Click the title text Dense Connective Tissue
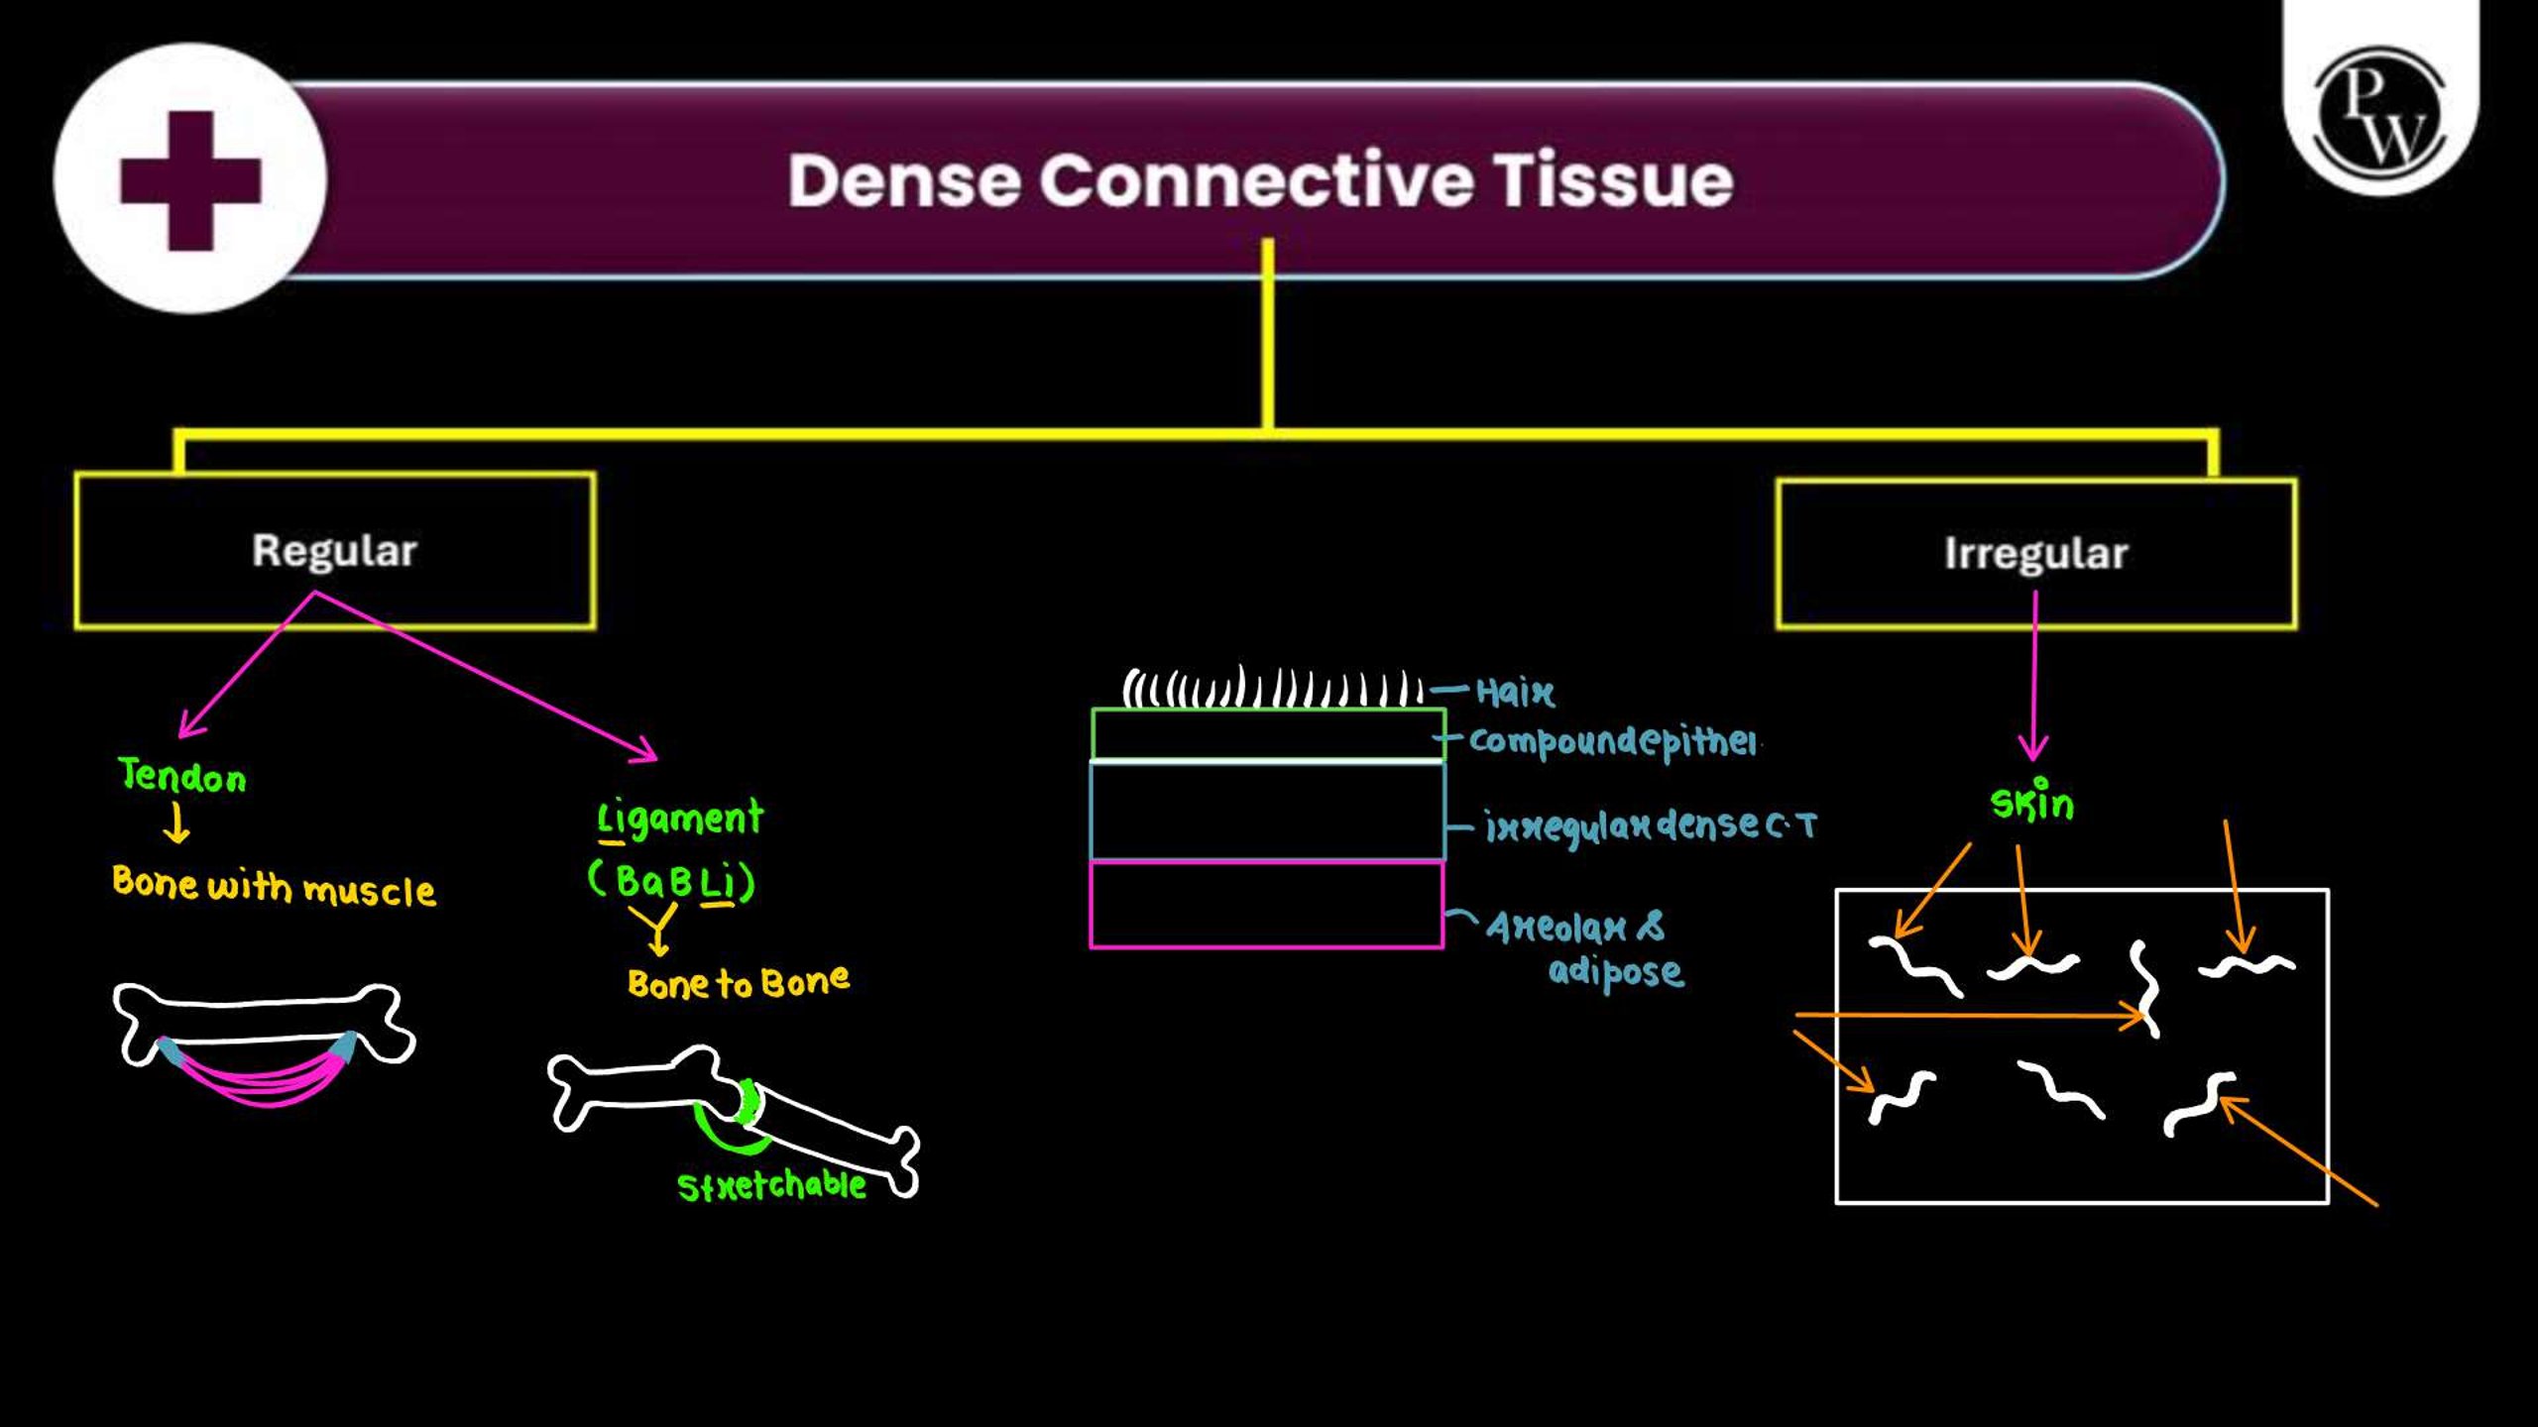point(1260,180)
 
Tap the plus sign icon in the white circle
point(190,180)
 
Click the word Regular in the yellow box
point(334,552)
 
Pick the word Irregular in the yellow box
point(2035,554)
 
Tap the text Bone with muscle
point(274,886)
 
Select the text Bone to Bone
point(739,982)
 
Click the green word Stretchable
point(772,1185)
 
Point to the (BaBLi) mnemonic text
point(672,881)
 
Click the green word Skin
point(2032,801)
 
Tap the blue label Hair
point(1515,692)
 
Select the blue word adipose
point(1616,970)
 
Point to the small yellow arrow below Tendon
point(176,823)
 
